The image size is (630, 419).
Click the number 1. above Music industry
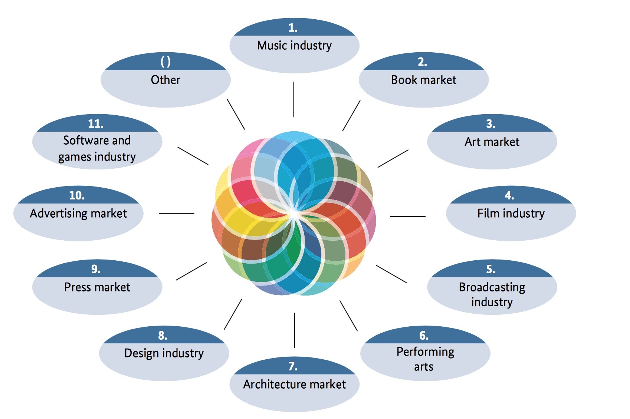click(x=293, y=28)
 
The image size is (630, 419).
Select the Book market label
click(x=423, y=80)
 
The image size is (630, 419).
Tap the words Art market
click(x=492, y=142)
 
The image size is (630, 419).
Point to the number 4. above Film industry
click(x=509, y=195)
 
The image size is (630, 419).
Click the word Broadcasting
click(x=492, y=287)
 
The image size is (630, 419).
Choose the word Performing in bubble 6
click(x=425, y=352)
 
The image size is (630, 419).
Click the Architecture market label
click(x=294, y=384)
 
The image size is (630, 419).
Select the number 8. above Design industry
click(x=163, y=336)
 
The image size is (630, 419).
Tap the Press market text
click(x=97, y=287)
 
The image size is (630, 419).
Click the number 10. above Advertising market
click(x=77, y=195)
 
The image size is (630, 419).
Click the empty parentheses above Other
click(x=165, y=62)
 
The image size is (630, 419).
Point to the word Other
click(x=165, y=80)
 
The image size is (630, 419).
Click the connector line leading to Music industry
click(x=294, y=99)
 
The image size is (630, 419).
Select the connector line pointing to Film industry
click(x=407, y=216)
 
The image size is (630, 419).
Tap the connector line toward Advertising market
click(x=176, y=213)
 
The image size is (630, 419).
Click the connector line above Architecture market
click(x=294, y=330)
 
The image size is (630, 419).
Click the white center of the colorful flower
click(x=293, y=214)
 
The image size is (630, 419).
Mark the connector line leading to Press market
click(x=191, y=271)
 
